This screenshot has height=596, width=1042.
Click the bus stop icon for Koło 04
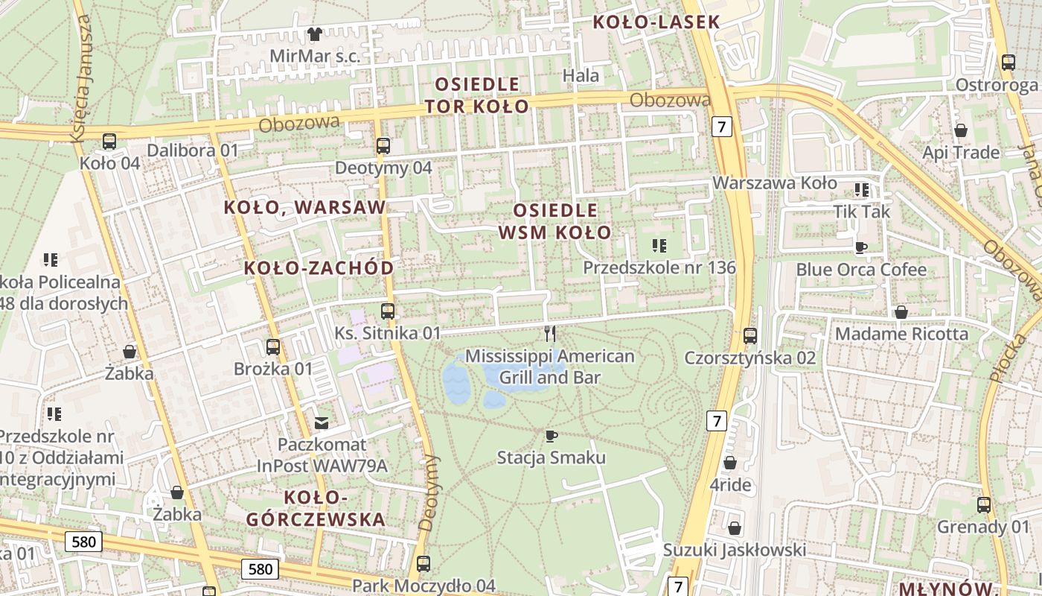click(109, 141)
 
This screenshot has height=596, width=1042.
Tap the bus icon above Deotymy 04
click(383, 146)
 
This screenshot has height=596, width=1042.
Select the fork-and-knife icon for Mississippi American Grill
click(550, 333)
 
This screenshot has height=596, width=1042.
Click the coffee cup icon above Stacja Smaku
click(551, 436)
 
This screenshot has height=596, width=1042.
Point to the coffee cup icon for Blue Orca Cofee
click(861, 247)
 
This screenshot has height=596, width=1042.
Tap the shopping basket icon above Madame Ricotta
click(901, 312)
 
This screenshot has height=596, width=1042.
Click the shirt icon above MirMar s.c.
click(315, 34)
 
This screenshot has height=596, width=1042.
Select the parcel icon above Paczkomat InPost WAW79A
click(322, 423)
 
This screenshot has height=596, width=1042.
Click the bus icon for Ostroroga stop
click(1009, 63)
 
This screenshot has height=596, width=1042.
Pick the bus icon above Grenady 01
click(984, 505)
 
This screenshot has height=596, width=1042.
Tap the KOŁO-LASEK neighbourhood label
click(656, 22)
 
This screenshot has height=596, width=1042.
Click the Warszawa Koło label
click(775, 183)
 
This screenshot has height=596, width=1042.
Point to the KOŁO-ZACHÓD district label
click(319, 268)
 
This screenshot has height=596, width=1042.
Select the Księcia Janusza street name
click(82, 78)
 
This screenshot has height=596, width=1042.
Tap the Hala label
click(581, 75)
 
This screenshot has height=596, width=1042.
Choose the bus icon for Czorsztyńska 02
click(750, 336)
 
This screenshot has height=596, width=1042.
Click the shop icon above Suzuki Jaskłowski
click(735, 528)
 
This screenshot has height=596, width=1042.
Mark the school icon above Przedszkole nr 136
click(659, 245)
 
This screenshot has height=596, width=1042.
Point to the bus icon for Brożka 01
click(273, 347)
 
